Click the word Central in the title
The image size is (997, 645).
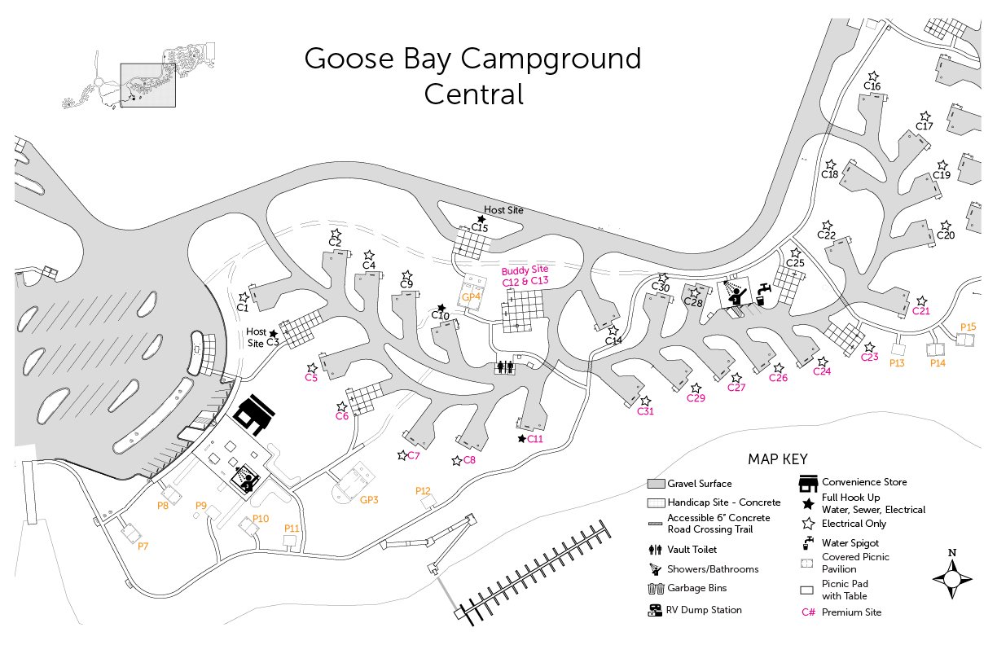click(473, 94)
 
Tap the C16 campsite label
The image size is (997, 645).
click(872, 86)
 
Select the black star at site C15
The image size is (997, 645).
click(481, 219)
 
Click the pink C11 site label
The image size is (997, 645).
click(535, 439)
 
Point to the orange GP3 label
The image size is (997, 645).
click(369, 499)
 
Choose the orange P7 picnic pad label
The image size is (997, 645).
click(143, 546)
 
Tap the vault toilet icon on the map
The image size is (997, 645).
click(505, 367)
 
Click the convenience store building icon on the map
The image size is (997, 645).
click(253, 416)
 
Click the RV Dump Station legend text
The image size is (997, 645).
click(705, 610)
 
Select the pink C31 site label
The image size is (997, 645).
click(645, 411)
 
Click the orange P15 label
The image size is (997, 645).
click(968, 327)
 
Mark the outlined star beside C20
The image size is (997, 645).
click(945, 226)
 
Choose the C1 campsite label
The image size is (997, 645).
click(242, 308)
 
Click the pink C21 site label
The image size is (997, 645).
click(921, 310)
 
